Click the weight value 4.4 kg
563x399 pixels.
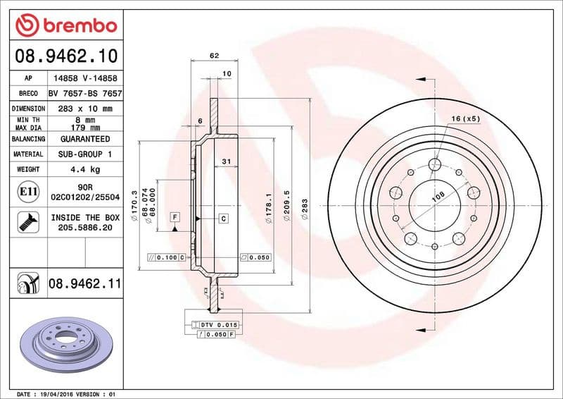(85, 169)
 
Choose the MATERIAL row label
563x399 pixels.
(28, 154)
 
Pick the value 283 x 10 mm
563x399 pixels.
(85, 109)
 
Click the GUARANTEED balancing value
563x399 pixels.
(85, 139)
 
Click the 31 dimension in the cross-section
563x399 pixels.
(226, 162)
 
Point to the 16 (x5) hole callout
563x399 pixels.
(465, 118)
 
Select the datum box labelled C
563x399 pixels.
(223, 218)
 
